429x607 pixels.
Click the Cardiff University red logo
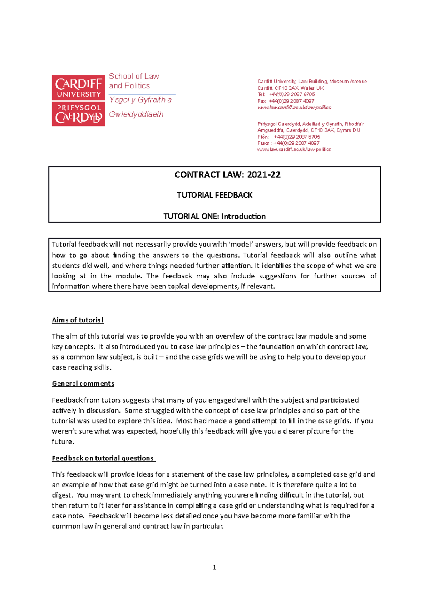(x=78, y=100)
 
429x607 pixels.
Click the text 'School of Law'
(x=134, y=76)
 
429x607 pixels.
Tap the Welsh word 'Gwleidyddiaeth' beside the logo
(x=136, y=114)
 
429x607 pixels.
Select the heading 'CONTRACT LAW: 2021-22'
(x=227, y=174)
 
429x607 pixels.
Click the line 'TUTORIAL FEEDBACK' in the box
(x=214, y=195)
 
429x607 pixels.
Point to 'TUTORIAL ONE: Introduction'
(x=214, y=216)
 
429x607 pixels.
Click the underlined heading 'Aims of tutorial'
(x=78, y=320)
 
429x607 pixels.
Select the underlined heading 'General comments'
(x=83, y=383)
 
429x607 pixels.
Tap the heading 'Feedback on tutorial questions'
(x=103, y=458)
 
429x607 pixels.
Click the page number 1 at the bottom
(x=214, y=567)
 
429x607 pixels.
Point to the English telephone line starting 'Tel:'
(x=286, y=94)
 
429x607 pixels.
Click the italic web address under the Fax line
(x=294, y=107)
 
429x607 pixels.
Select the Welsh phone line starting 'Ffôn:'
(x=289, y=137)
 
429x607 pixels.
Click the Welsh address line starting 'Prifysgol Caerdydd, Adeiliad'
(x=310, y=124)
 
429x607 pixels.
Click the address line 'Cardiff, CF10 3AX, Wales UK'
(x=290, y=88)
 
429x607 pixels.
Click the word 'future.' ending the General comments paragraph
(x=63, y=441)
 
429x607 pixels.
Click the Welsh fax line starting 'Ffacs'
(x=288, y=143)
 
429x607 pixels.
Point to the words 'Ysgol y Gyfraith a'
(x=140, y=100)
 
